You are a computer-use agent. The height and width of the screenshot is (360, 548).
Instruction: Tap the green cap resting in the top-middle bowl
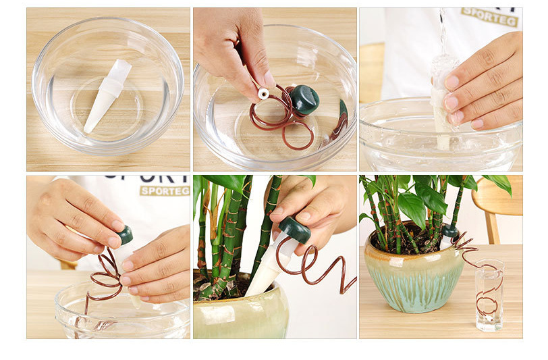point(304,99)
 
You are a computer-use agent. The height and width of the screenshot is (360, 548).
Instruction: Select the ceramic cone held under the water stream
point(443,101)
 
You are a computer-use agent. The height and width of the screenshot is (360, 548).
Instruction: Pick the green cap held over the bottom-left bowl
point(126,235)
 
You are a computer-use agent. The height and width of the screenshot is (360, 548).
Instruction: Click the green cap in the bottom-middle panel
point(295,230)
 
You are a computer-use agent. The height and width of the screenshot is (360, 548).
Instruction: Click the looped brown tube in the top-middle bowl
point(283,122)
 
